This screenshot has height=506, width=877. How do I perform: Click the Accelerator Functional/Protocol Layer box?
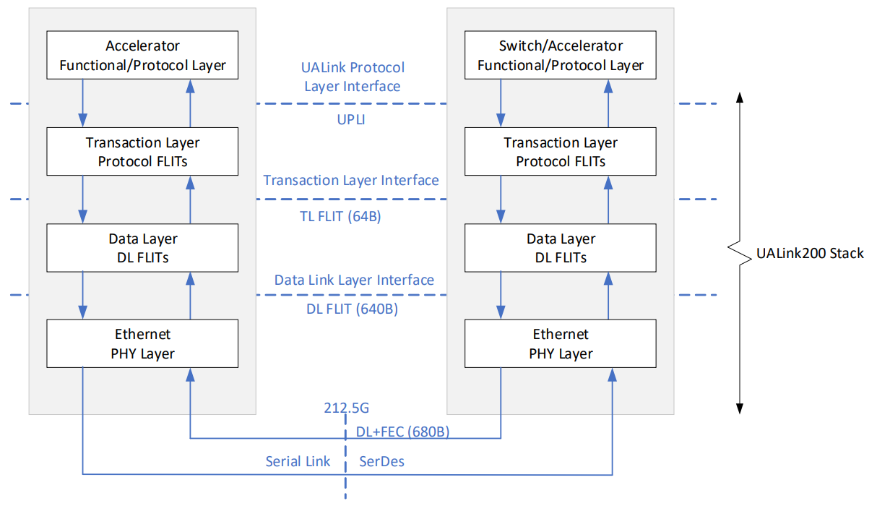[x=142, y=55]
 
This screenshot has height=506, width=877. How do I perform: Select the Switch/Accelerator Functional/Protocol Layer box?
[x=561, y=55]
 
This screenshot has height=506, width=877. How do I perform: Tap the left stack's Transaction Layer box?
[x=142, y=152]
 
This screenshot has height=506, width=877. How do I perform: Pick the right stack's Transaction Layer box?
[x=561, y=152]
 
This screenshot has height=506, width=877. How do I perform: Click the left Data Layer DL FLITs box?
[x=142, y=248]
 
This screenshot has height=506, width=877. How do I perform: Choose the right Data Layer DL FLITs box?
[x=561, y=248]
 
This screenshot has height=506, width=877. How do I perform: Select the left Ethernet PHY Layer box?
[x=142, y=343]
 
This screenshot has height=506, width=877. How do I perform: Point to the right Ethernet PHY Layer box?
[x=561, y=343]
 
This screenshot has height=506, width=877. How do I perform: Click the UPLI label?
[x=351, y=119]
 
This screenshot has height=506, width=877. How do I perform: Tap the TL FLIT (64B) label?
[x=340, y=216]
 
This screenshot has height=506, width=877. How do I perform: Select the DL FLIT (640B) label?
[x=352, y=309]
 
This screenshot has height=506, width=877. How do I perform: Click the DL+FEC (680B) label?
[x=402, y=432]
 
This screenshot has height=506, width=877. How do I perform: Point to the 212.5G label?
[x=347, y=408]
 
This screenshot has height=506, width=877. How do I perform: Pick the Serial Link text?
[x=298, y=461]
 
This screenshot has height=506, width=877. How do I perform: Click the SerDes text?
[x=381, y=461]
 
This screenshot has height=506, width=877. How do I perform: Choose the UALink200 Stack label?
[x=810, y=254]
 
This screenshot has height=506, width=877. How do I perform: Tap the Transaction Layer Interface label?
[x=351, y=180]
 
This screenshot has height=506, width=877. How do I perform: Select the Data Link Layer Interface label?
[x=354, y=280]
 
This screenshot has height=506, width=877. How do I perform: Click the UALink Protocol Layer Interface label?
[x=353, y=77]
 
